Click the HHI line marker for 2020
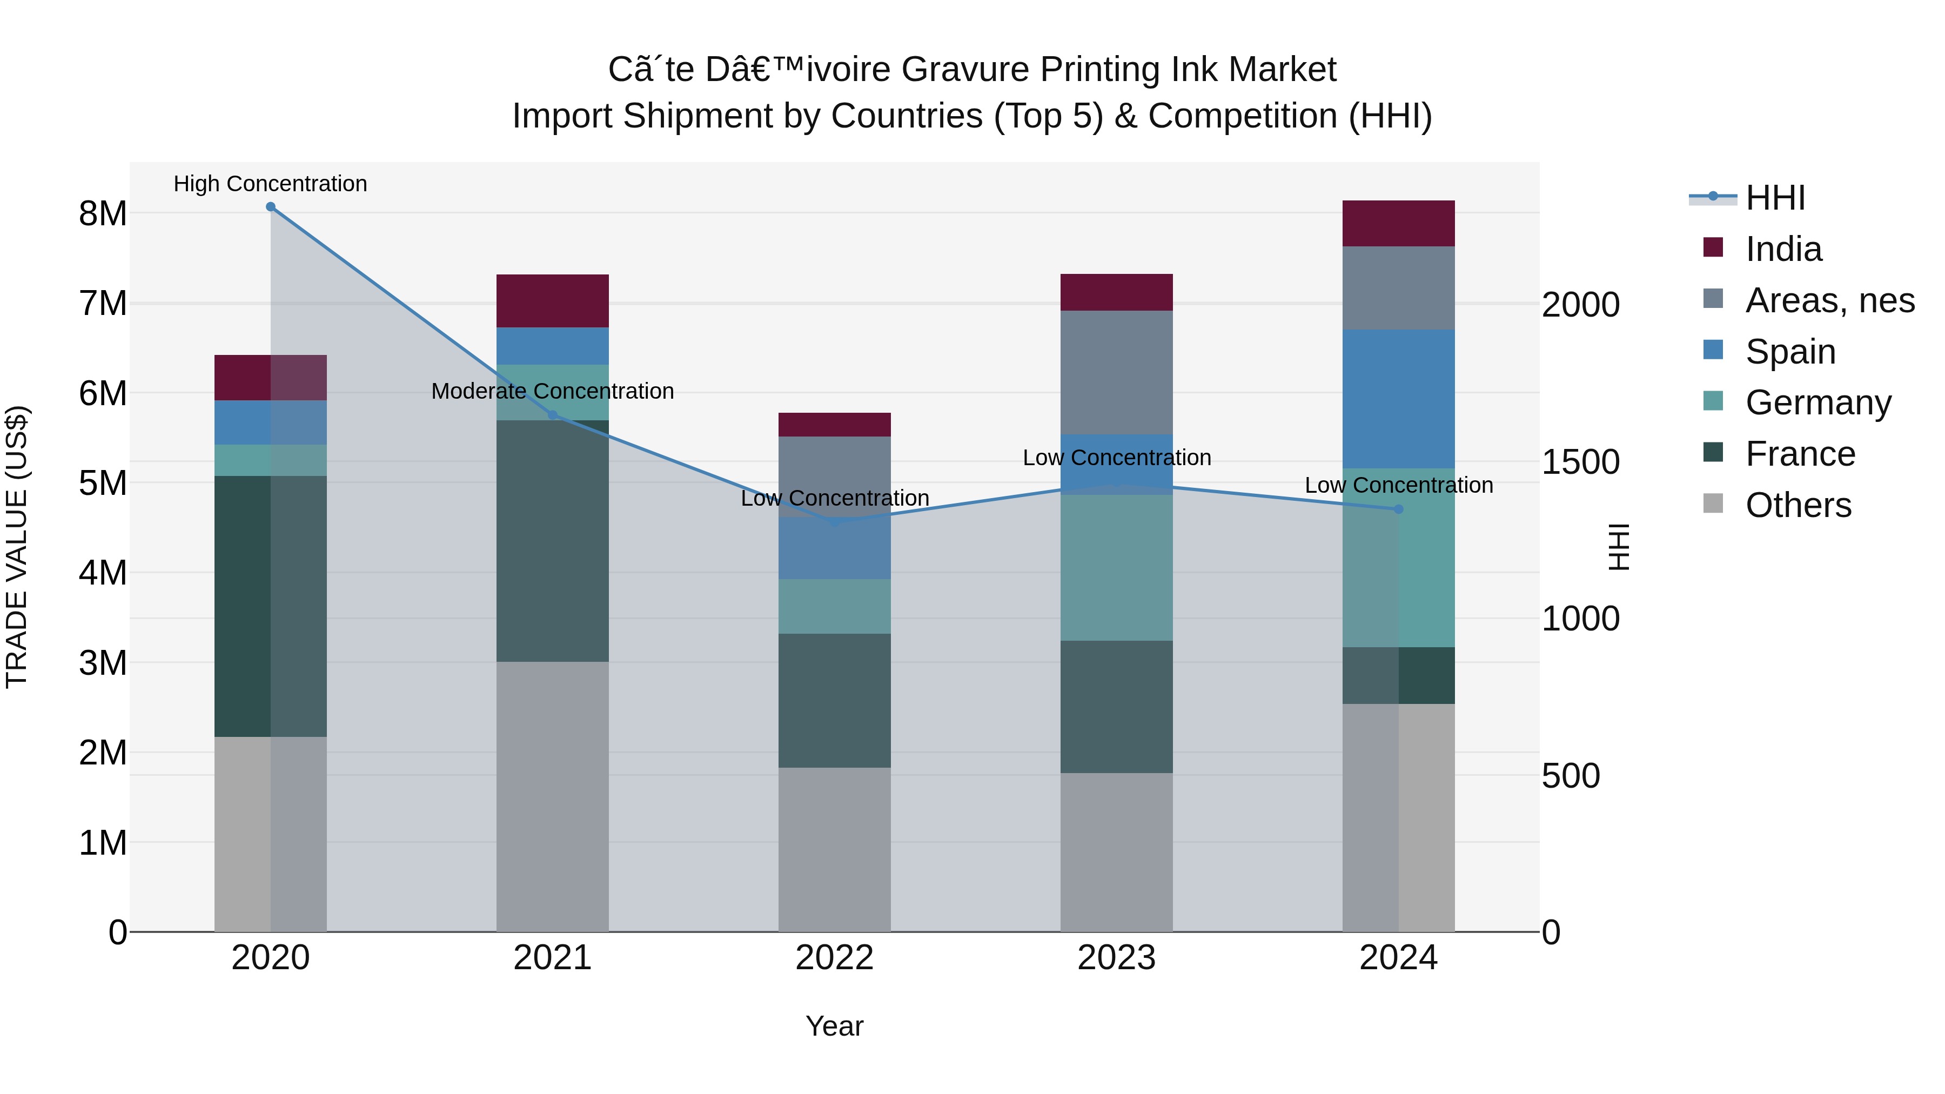coord(270,207)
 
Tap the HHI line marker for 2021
coord(553,415)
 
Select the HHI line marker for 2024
coord(1398,509)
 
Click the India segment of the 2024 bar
coord(1398,224)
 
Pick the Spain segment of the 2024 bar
coord(1398,399)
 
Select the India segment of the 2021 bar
coord(553,300)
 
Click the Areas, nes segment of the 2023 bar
coord(1116,372)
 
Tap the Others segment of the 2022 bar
coord(834,849)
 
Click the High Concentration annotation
coord(270,184)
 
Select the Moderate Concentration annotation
coord(553,391)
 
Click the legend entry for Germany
coord(1817,402)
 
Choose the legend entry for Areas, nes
coord(1829,300)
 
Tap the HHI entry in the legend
coord(1774,198)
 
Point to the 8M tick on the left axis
coord(103,213)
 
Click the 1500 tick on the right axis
coord(1580,462)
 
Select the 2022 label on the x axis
coord(834,958)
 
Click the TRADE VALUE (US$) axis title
coord(17,547)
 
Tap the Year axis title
coord(834,1026)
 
